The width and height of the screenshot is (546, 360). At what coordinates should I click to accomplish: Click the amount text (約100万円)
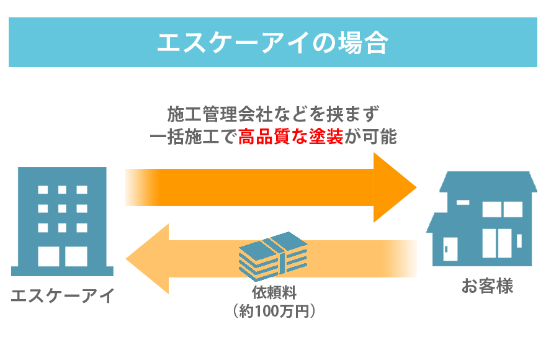coord(273,310)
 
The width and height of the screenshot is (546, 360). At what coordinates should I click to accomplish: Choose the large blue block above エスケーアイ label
coord(61,221)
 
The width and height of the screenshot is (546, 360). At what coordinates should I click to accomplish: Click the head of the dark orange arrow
coord(396,187)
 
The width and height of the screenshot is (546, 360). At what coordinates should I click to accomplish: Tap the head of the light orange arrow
coord(147,258)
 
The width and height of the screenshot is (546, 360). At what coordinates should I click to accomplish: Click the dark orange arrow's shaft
coord(248,187)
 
